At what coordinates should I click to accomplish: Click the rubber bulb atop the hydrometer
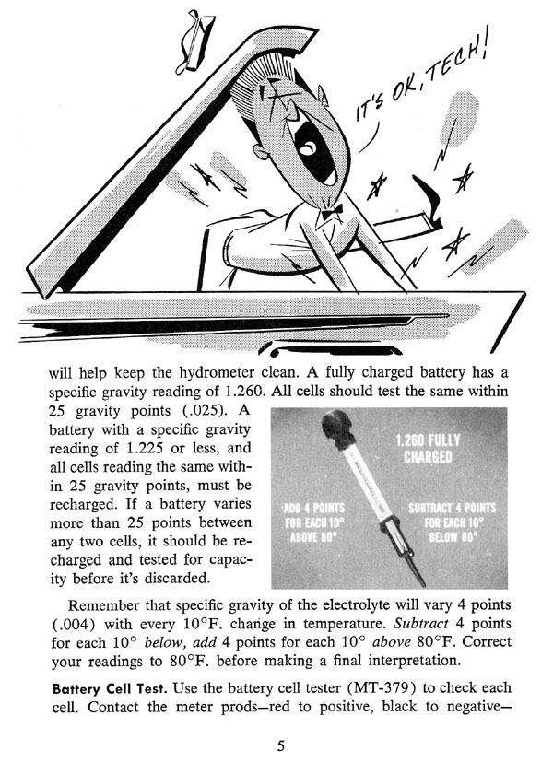click(333, 434)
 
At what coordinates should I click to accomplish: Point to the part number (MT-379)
click(394, 688)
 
